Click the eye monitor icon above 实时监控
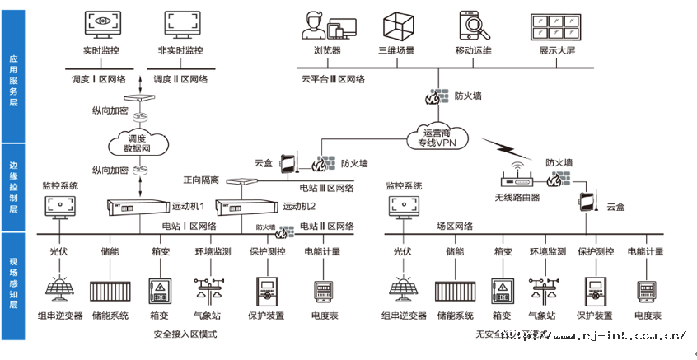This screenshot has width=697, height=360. [102, 27]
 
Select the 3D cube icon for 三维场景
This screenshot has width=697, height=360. [396, 26]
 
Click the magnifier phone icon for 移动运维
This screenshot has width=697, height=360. [474, 26]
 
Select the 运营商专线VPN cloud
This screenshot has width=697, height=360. [438, 137]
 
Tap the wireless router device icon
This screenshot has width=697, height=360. [517, 179]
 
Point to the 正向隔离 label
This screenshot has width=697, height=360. [200, 180]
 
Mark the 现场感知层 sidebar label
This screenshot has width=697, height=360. [13, 284]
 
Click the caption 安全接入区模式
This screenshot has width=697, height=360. [185, 334]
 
